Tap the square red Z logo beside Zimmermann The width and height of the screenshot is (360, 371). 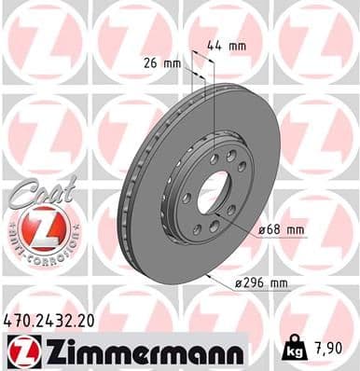click(x=19, y=350)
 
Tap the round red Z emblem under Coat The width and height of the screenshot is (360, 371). click(x=42, y=227)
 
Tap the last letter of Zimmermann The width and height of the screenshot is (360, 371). click(x=236, y=351)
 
